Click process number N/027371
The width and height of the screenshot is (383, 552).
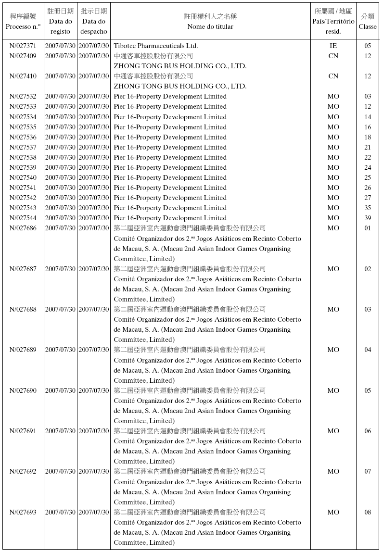click(x=23, y=46)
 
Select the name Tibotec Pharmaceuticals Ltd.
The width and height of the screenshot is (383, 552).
click(x=155, y=46)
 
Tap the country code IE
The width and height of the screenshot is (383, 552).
click(x=333, y=46)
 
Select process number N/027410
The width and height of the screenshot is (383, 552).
click(x=23, y=76)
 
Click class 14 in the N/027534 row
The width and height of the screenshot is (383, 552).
click(x=368, y=117)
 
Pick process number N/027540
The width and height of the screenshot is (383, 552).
click(x=23, y=178)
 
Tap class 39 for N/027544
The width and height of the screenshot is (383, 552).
click(x=368, y=218)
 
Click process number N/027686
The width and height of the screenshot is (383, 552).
click(x=23, y=228)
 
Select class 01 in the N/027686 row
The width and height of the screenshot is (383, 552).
click(x=368, y=228)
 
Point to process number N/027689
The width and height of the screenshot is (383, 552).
click(x=23, y=350)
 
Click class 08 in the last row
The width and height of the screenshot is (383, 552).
click(x=368, y=512)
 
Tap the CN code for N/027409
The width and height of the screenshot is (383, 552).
click(x=333, y=56)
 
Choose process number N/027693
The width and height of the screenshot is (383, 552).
click(x=23, y=512)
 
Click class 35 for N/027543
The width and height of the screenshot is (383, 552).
click(x=368, y=208)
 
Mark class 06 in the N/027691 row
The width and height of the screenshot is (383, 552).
click(x=368, y=431)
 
